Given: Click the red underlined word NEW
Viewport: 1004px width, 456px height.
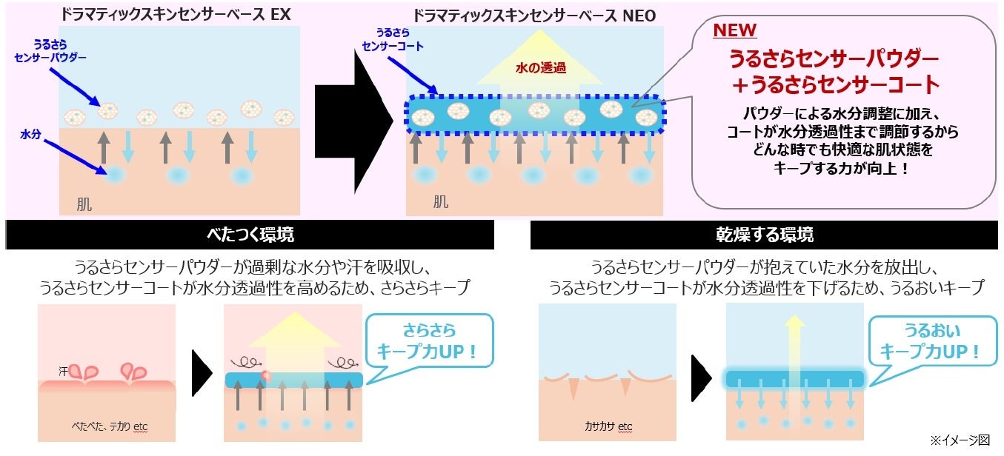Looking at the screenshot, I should point(734,30).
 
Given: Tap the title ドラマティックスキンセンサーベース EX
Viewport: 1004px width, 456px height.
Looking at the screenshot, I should point(182,14).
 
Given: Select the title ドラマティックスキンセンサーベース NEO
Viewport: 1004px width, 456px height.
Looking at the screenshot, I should point(533,14).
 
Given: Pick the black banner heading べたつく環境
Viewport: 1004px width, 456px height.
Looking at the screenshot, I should point(250,235).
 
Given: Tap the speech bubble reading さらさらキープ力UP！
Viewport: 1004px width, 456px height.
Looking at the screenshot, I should point(430,341).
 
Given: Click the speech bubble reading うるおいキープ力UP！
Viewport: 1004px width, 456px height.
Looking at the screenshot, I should point(931,341).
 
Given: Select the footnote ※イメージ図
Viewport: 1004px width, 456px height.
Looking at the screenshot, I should point(962,440).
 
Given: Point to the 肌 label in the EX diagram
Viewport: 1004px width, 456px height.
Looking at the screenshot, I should point(84,204).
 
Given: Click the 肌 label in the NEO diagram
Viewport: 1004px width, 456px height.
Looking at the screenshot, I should point(441,201).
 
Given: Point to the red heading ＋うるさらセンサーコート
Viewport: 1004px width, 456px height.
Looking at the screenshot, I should point(834,85).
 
